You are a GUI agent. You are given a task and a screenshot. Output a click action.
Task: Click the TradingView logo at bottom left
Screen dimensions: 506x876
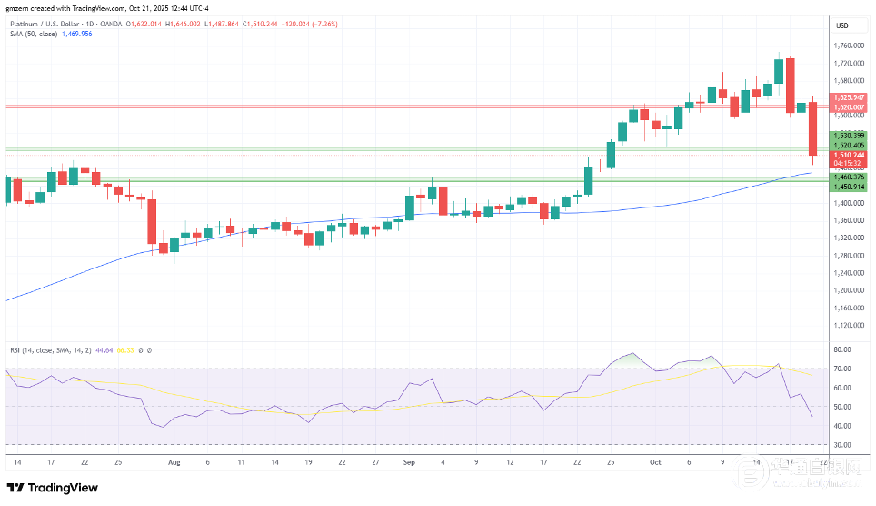click(53, 488)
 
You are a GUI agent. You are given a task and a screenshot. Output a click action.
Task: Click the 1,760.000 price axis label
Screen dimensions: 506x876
click(849, 46)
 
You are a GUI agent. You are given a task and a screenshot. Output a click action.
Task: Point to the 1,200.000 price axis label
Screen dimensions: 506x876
click(849, 290)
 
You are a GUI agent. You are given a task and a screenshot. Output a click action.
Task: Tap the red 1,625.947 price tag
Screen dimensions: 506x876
click(848, 96)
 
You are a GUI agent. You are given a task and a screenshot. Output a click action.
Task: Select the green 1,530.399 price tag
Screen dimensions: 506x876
click(848, 136)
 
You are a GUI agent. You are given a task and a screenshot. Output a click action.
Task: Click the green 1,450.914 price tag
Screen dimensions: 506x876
click(848, 187)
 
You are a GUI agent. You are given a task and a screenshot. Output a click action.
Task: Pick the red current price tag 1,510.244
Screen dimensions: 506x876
click(848, 155)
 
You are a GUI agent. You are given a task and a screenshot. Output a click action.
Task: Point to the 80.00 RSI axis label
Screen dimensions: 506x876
click(842, 349)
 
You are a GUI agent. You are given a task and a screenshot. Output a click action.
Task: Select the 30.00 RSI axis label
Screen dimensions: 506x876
click(842, 445)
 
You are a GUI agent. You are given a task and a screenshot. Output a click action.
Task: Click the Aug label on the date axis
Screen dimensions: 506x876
click(174, 462)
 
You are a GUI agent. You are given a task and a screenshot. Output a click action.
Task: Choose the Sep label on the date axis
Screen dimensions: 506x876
click(408, 462)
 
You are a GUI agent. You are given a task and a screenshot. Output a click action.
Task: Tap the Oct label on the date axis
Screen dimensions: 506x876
click(654, 462)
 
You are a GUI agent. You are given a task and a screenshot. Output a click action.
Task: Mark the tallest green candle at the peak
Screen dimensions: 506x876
click(779, 72)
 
